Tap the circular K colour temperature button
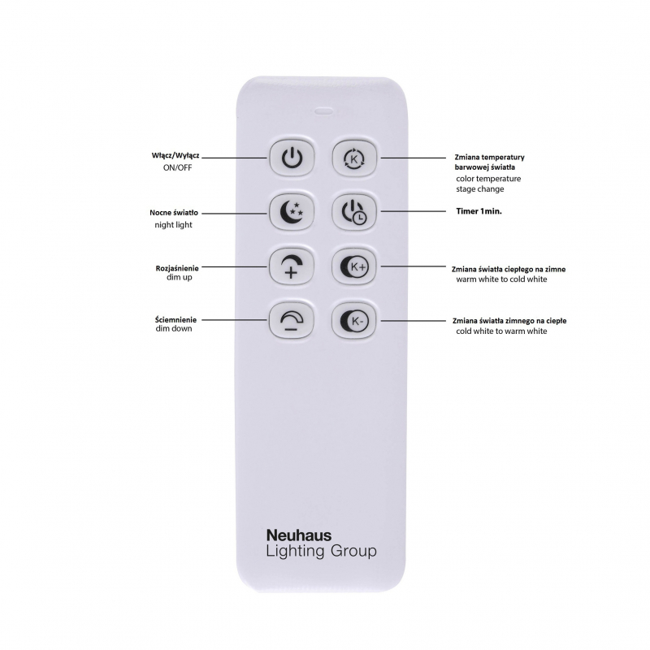point(354,158)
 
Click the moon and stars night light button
point(292,212)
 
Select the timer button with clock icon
point(354,212)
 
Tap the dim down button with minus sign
point(292,320)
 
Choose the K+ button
point(354,266)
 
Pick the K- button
point(354,320)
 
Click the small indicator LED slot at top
point(323,110)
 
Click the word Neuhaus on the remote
point(299,535)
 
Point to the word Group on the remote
point(353,552)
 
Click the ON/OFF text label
point(177,168)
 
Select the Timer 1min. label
point(479,211)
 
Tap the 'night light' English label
point(173,225)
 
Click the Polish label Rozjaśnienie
point(177,268)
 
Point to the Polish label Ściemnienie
point(175,319)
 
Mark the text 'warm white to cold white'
point(501,279)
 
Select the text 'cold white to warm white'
point(501,331)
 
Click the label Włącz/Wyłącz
point(175,156)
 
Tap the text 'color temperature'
point(488,179)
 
